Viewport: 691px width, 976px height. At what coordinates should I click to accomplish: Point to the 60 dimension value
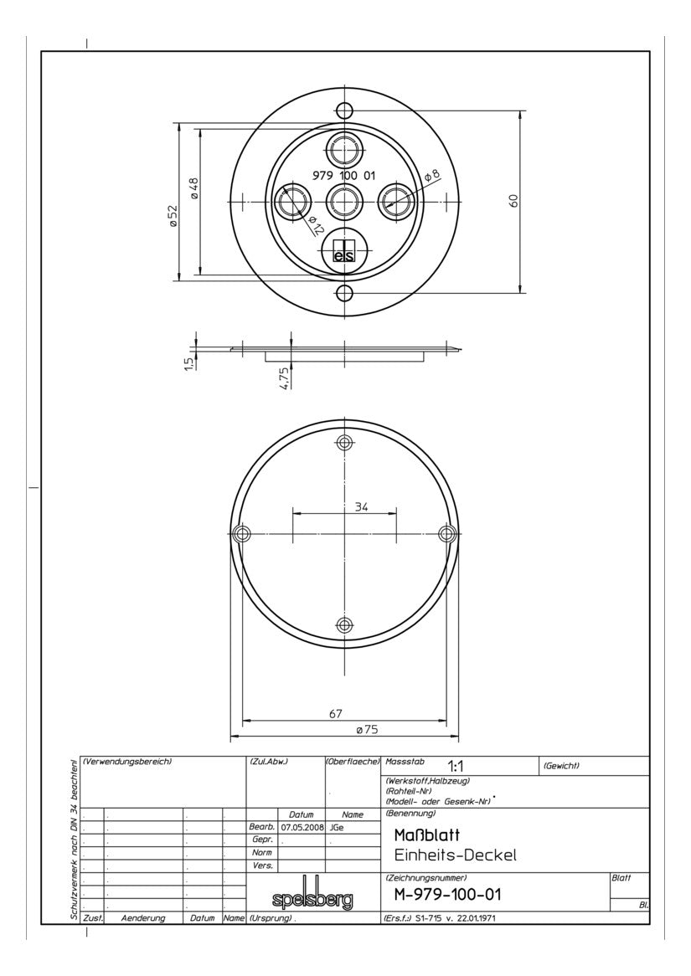click(514, 200)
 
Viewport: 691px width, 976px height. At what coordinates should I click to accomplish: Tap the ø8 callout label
click(432, 176)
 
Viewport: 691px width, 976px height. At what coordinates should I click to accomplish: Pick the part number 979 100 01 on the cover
click(343, 176)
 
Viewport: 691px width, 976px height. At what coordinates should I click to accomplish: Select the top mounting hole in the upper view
click(344, 110)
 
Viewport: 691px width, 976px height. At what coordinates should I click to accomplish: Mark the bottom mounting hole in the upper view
click(344, 293)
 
